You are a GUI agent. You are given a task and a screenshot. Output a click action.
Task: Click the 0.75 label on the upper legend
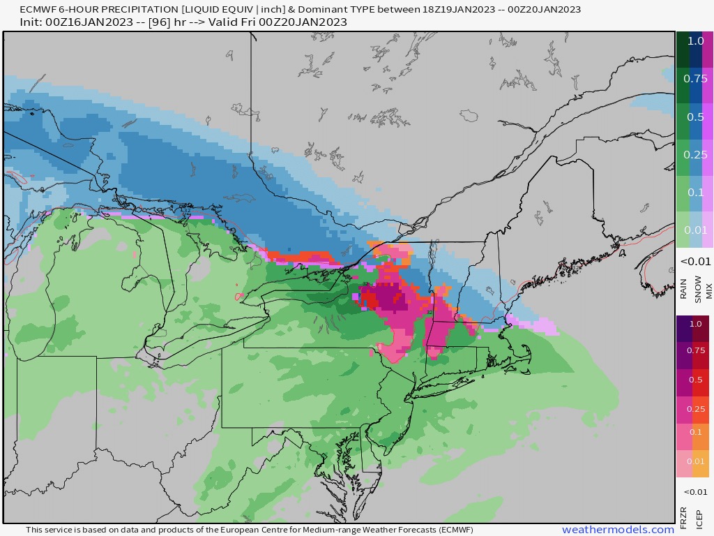[x=695, y=79]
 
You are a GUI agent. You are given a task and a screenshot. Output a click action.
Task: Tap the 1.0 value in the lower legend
[x=695, y=325]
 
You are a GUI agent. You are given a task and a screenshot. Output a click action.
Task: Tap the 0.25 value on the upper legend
[x=695, y=154]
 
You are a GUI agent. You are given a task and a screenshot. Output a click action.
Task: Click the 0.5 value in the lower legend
[x=695, y=379]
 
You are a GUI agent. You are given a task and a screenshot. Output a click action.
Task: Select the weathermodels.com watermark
[x=618, y=530]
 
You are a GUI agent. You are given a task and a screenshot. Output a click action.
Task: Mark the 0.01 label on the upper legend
[x=695, y=230]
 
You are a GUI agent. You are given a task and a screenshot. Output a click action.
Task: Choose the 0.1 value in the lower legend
[x=695, y=433]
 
